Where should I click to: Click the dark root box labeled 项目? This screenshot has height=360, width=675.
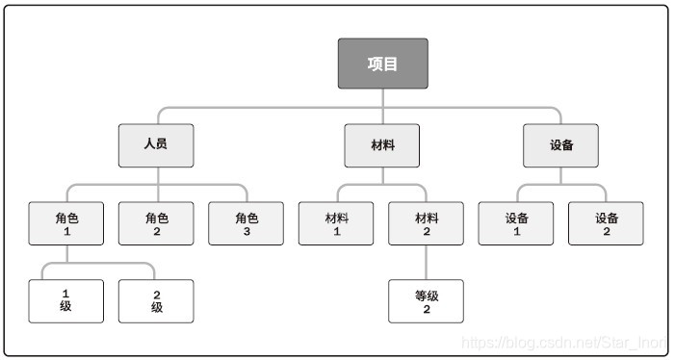(382, 64)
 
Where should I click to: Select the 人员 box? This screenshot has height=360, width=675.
(156, 145)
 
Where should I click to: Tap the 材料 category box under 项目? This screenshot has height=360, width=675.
(382, 145)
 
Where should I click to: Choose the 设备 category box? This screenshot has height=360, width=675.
(561, 145)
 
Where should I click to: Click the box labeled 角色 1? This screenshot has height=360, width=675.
(66, 223)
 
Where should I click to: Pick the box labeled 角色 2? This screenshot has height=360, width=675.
(156, 223)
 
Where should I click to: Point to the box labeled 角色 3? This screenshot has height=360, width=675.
(247, 223)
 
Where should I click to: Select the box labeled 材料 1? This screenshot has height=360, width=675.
(337, 223)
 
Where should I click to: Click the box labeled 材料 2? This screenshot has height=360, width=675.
(427, 223)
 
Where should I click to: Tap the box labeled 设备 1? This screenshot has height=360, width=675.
(516, 223)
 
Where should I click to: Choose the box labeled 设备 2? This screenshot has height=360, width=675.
(606, 223)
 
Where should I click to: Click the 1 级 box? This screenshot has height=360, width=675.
(66, 300)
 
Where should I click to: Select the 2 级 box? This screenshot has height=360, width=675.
(156, 300)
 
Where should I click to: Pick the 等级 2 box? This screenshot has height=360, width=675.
(427, 300)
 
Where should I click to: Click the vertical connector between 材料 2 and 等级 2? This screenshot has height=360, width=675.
(427, 262)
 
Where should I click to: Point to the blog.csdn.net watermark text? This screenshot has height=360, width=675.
(562, 342)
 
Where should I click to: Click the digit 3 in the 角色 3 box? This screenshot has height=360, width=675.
(247, 232)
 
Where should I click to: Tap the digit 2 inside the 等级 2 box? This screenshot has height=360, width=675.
(427, 310)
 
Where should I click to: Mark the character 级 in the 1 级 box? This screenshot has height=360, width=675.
(66, 308)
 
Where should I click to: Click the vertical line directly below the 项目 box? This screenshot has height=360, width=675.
(382, 97)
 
